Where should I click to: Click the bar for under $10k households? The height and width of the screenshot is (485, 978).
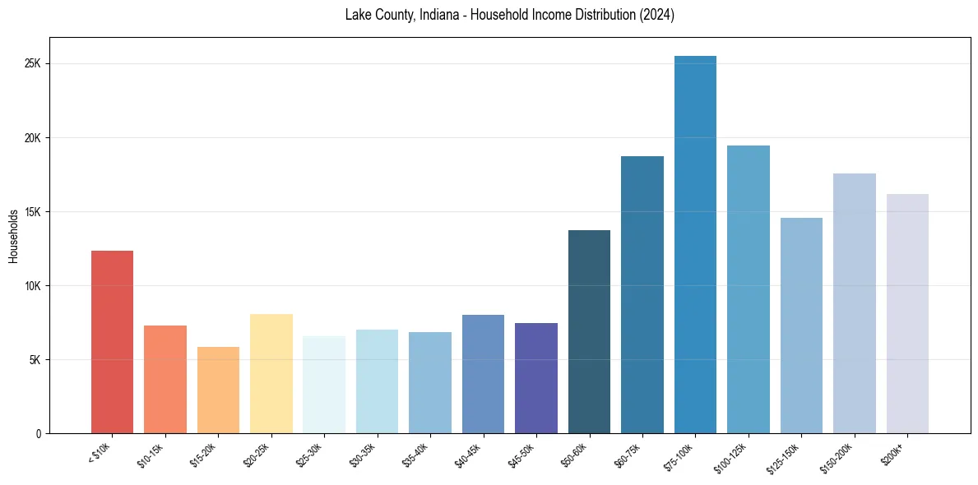coord(112,342)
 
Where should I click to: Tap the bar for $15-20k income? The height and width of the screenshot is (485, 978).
coord(218,390)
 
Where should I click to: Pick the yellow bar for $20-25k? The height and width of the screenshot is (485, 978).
coord(271,374)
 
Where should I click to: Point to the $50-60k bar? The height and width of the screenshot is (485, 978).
coord(589,332)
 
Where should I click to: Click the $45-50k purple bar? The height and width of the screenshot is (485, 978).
coord(536,378)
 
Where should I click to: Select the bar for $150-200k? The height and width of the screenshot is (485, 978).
coord(854,303)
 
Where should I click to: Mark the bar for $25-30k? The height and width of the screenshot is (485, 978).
coord(324,385)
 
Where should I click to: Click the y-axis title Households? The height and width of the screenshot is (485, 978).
coord(13,236)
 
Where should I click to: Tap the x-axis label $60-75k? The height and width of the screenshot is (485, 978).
coord(627,454)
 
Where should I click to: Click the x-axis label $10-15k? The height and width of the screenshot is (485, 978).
coord(150,454)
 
